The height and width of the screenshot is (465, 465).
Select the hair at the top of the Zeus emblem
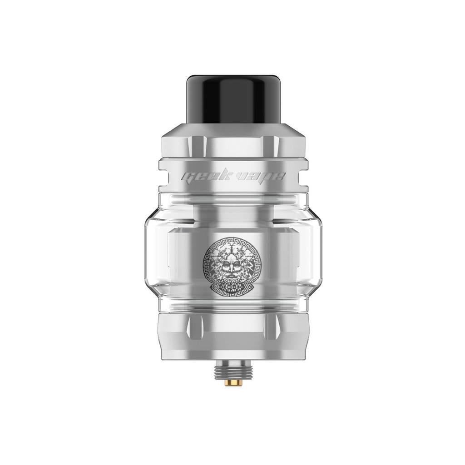[232, 247]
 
